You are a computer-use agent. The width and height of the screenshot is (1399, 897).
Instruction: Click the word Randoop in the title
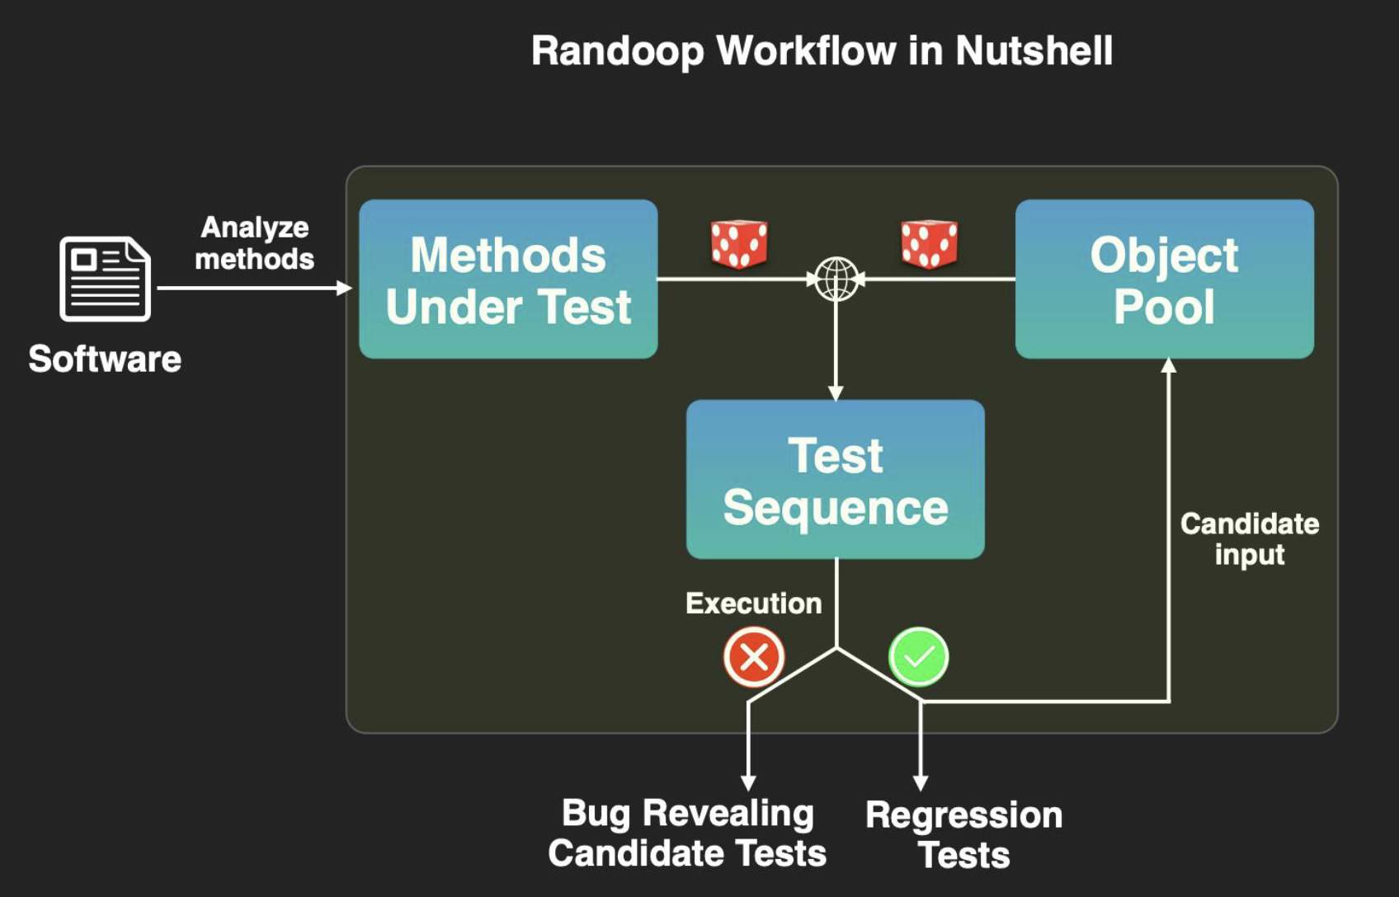617,51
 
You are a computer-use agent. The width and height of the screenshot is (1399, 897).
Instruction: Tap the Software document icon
105,279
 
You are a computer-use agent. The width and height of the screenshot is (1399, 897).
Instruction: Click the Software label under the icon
105,359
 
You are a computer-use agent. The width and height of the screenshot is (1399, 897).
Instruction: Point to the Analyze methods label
254,243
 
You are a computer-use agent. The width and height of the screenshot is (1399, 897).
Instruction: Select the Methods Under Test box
508,279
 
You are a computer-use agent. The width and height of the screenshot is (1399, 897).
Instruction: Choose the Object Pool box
1164,279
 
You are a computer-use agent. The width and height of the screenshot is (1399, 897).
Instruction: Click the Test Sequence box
835,480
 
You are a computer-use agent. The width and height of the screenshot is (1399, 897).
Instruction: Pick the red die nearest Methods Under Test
739,244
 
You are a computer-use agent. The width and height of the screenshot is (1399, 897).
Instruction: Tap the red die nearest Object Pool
930,244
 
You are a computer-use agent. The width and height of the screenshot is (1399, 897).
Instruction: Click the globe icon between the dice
836,279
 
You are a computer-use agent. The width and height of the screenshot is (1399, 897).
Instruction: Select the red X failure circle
754,657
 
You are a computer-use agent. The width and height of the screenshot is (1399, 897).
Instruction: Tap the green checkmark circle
919,657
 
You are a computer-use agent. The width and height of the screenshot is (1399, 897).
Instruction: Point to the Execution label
753,603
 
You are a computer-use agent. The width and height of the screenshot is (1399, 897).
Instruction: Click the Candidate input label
1249,539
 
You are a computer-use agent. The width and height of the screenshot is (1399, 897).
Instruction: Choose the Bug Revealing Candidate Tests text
687,833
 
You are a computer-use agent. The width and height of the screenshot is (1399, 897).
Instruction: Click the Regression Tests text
963,834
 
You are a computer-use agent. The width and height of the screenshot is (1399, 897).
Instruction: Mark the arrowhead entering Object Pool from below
1169,366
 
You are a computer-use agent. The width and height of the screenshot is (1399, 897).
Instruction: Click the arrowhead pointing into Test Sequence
836,393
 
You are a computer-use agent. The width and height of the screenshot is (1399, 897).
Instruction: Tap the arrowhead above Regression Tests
921,783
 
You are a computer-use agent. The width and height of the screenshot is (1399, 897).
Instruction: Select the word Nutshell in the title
1034,51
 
